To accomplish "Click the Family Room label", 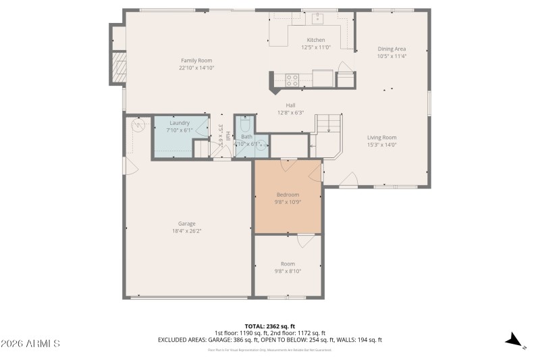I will tap(196, 61).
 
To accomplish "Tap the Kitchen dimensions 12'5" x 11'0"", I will tap(316, 48).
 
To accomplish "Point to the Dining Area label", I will tap(391, 49).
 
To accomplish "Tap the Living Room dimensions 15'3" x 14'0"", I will tap(381, 145).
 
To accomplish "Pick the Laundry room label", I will tap(180, 123).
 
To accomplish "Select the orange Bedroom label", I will tap(288, 195).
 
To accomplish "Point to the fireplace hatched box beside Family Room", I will tap(119, 68).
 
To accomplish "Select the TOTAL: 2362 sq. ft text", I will tap(270, 326).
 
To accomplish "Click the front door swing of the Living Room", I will tap(348, 179).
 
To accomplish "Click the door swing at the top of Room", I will tap(304, 241).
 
